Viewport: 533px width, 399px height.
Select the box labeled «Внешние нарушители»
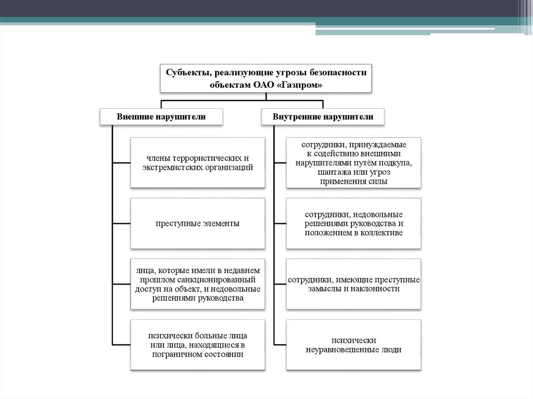(161, 117)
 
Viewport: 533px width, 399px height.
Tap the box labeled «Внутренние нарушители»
(323, 117)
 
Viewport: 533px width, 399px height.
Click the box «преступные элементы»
(197, 223)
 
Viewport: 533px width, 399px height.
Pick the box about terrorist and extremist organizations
(197, 162)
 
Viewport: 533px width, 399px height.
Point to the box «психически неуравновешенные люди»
(353, 345)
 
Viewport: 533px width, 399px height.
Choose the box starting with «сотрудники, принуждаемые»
(353, 162)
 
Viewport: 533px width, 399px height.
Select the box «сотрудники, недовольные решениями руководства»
(353, 223)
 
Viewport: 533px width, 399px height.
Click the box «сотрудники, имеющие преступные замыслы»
(353, 284)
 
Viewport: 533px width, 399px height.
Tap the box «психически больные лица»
(197, 345)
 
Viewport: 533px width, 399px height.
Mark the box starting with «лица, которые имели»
(197, 284)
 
